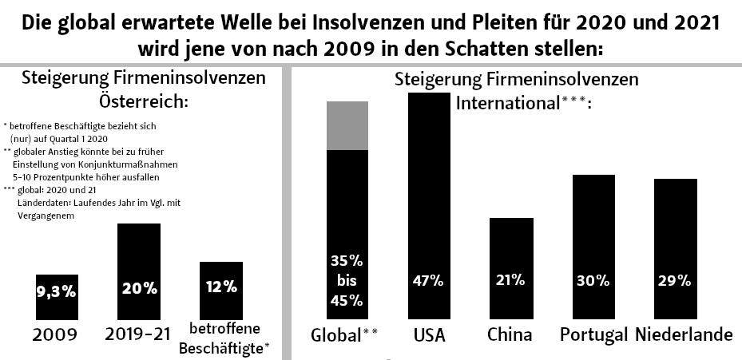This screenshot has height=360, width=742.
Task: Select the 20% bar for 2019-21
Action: click(139, 272)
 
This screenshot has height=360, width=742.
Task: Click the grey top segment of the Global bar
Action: click(347, 125)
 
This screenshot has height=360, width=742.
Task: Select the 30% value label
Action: click(593, 280)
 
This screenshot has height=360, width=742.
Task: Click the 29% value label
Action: click(675, 280)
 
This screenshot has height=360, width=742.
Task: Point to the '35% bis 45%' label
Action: click(347, 280)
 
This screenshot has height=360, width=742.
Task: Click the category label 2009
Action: click(55, 334)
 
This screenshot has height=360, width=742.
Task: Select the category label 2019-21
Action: click(138, 334)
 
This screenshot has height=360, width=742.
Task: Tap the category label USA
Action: click(429, 334)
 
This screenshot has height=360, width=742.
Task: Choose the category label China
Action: click(510, 334)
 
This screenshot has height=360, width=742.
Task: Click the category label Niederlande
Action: click(684, 334)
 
